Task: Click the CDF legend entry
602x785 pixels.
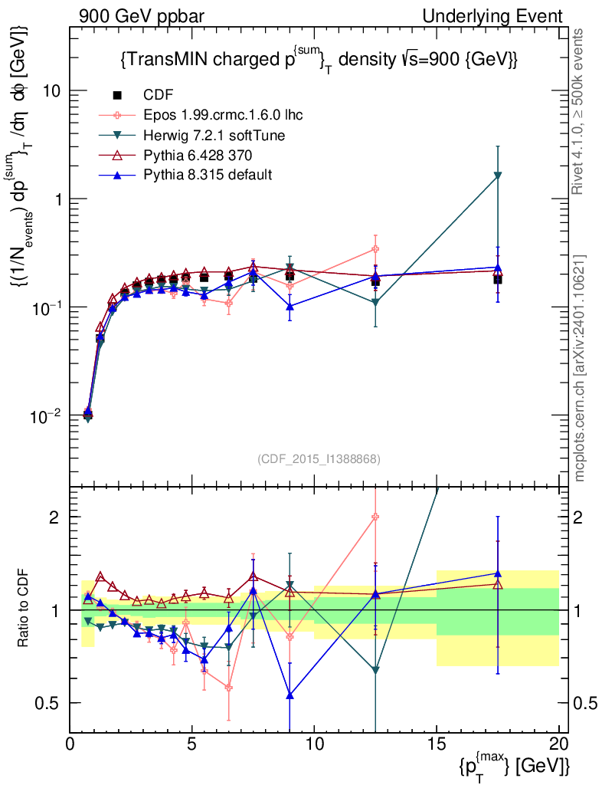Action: point(159,95)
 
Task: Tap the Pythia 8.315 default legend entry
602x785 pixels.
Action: point(207,175)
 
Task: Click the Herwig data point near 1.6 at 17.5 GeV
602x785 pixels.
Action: point(498,176)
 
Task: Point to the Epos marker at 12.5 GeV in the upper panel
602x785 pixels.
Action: point(375,248)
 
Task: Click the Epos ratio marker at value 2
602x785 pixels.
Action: point(375,517)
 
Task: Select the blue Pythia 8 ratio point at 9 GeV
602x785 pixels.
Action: point(290,695)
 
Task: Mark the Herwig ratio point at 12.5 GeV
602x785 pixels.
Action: point(375,670)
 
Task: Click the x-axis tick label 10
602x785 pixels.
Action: point(314,744)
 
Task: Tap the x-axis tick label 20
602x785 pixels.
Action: point(558,744)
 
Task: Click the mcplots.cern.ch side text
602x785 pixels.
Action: point(581,368)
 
